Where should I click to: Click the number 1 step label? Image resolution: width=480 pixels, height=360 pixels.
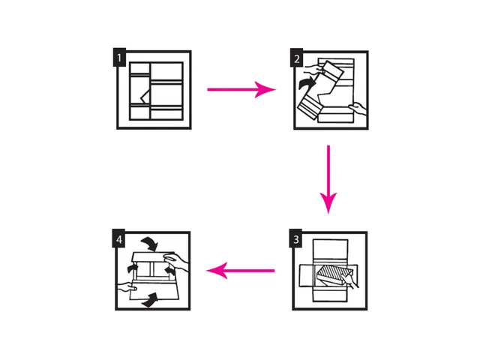click(x=119, y=57)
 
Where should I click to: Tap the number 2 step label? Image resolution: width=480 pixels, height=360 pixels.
click(x=297, y=58)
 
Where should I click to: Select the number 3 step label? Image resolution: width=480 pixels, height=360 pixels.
click(x=295, y=238)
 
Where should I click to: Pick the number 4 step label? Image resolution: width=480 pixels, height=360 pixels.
click(x=118, y=238)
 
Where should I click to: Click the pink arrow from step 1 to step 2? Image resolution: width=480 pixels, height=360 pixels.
click(x=241, y=89)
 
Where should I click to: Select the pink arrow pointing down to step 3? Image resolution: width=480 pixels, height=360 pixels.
click(x=328, y=179)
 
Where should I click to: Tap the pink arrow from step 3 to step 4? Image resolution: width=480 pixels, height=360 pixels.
click(x=241, y=270)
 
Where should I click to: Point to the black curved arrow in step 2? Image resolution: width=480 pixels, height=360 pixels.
click(x=307, y=83)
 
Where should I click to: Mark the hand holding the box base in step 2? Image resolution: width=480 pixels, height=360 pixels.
click(x=358, y=109)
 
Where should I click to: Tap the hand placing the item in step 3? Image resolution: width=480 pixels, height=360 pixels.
click(x=350, y=280)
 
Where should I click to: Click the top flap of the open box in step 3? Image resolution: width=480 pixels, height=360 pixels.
click(x=330, y=252)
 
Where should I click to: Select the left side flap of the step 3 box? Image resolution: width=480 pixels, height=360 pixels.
click(x=307, y=275)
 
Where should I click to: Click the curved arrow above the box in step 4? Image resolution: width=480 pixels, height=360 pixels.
click(x=149, y=243)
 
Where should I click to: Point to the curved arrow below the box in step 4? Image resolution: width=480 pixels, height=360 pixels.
click(x=150, y=300)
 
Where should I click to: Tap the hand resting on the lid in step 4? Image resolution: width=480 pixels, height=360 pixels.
click(x=175, y=262)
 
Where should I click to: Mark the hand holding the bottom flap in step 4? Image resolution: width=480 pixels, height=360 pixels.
click(x=127, y=286)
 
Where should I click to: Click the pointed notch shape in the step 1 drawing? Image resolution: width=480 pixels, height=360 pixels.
click(x=145, y=96)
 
